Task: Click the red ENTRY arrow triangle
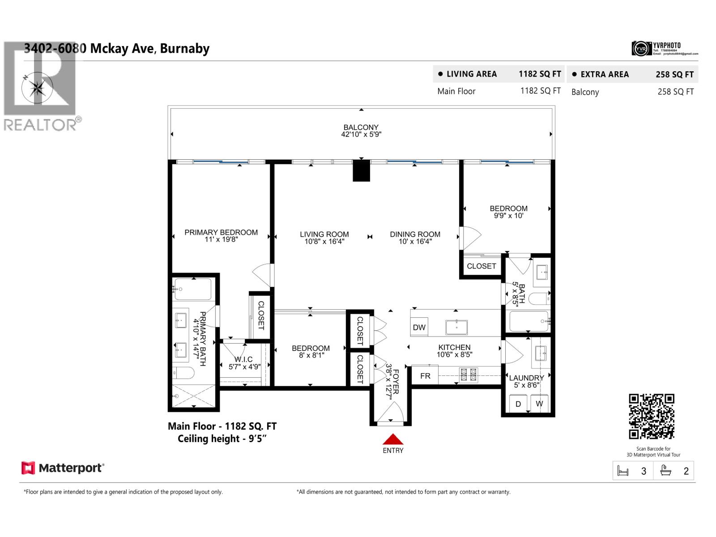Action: (393, 440)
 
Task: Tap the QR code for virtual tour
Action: (652, 417)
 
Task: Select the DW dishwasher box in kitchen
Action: (419, 327)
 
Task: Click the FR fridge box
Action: (425, 376)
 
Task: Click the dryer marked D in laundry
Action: (518, 404)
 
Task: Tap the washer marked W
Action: (539, 404)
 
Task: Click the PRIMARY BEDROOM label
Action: (221, 232)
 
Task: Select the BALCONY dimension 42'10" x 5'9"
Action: (361, 134)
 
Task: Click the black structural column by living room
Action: (362, 170)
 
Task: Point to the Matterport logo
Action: (63, 468)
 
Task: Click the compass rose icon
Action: (37, 87)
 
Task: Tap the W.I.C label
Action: (243, 359)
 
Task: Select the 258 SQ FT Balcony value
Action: (675, 92)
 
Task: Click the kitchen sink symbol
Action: (456, 327)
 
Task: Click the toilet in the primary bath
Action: (183, 373)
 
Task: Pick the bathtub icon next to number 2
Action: (666, 471)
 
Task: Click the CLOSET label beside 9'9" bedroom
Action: (482, 266)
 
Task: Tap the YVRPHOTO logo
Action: (665, 48)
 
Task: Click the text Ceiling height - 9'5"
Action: (222, 439)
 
